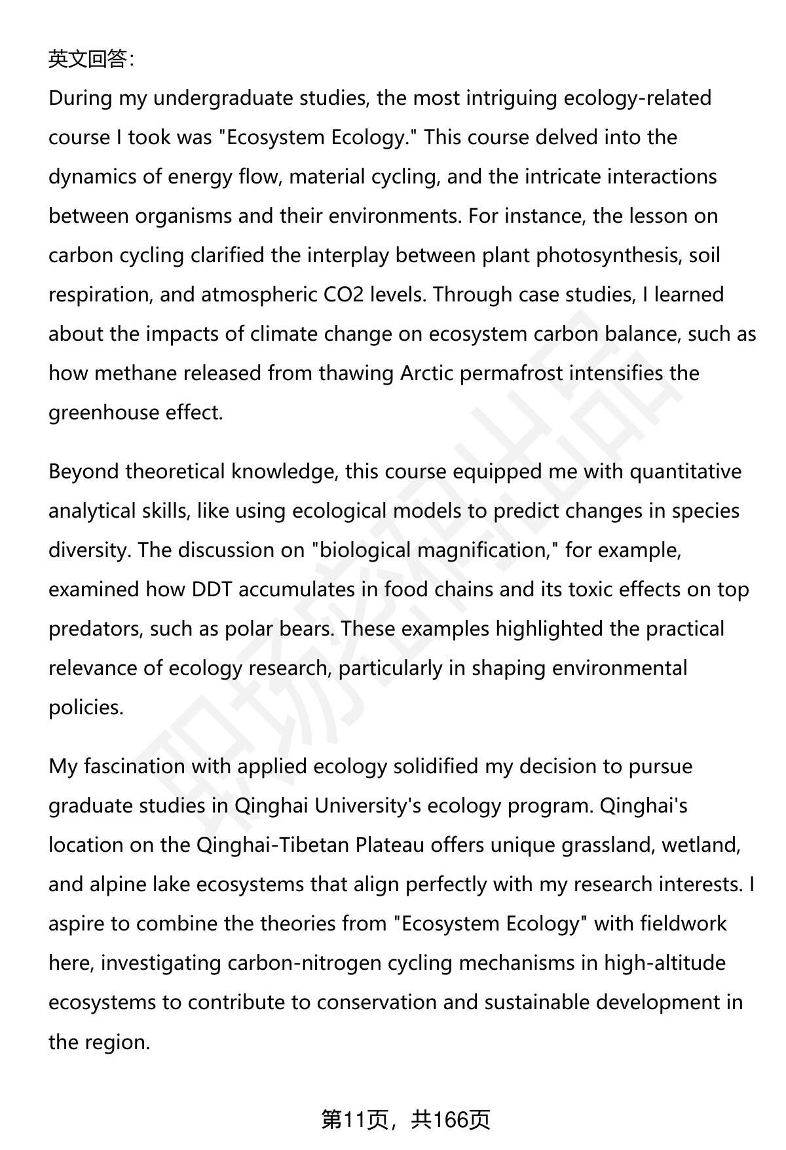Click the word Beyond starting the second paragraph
click(x=83, y=472)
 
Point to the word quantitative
click(x=685, y=472)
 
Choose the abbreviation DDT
click(x=212, y=590)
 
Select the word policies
click(x=86, y=708)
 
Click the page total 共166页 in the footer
click(x=451, y=1121)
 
